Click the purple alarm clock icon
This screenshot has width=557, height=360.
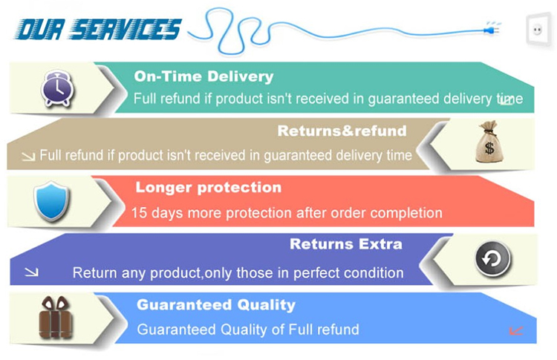(x=57, y=88)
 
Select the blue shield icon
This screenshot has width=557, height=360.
(x=52, y=201)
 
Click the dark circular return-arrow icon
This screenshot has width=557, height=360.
(x=492, y=259)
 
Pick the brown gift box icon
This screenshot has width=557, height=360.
(x=56, y=317)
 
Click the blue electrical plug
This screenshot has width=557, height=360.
(x=492, y=28)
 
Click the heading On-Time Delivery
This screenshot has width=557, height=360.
(x=204, y=76)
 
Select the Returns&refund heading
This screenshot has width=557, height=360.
(x=342, y=131)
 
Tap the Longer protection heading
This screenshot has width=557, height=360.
(x=209, y=188)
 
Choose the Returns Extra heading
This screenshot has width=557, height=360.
(x=346, y=244)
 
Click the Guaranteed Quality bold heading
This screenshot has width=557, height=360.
(x=216, y=305)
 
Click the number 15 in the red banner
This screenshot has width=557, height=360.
(x=139, y=213)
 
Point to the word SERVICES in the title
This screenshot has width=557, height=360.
(x=125, y=29)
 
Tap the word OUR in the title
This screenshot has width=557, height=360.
(x=40, y=29)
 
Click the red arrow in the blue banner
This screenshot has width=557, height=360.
(x=516, y=331)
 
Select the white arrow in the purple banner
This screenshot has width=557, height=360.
(x=31, y=272)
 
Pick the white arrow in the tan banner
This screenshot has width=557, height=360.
(x=28, y=156)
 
